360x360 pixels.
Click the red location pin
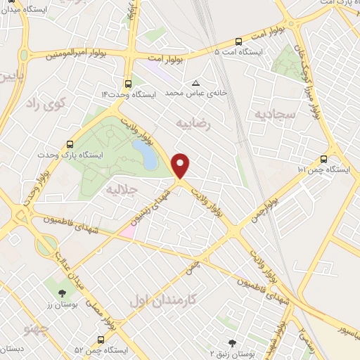pos(181,165)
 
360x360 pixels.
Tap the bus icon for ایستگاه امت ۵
pos(238,41)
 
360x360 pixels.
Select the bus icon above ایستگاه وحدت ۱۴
pos(127,82)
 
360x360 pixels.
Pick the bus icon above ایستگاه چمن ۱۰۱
pos(323,158)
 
